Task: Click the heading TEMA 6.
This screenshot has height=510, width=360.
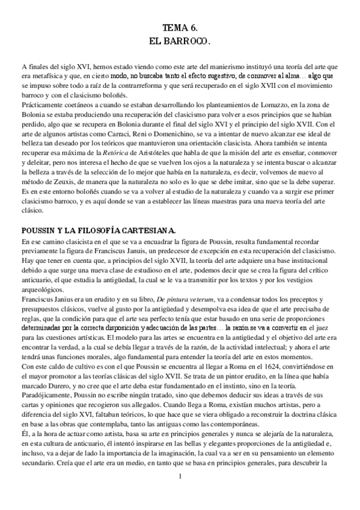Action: pyautogui.click(x=180, y=28)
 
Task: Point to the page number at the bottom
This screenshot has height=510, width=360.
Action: pyautogui.click(x=180, y=494)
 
